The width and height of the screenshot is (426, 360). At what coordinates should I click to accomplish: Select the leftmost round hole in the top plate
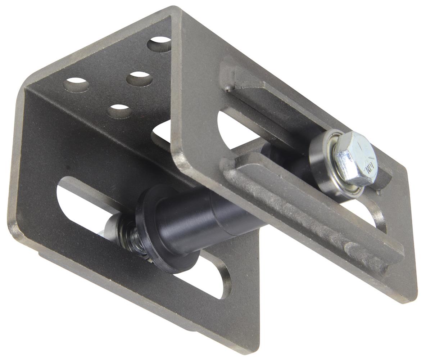76,85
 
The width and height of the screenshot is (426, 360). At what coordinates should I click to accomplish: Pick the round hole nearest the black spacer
119,111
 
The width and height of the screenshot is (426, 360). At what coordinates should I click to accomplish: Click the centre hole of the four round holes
139,79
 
